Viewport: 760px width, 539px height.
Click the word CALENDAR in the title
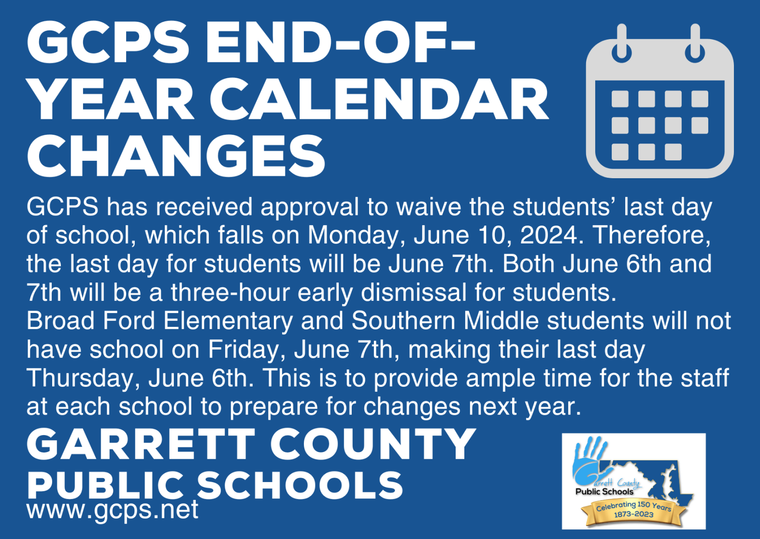pyautogui.click(x=379, y=100)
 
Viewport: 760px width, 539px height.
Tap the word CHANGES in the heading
pyautogui.click(x=176, y=156)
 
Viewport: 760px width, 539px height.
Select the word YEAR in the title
pyautogui.click(x=111, y=100)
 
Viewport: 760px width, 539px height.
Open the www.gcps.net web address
pyautogui.click(x=112, y=510)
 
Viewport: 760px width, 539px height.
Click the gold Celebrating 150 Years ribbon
pyautogui.click(x=633, y=511)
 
